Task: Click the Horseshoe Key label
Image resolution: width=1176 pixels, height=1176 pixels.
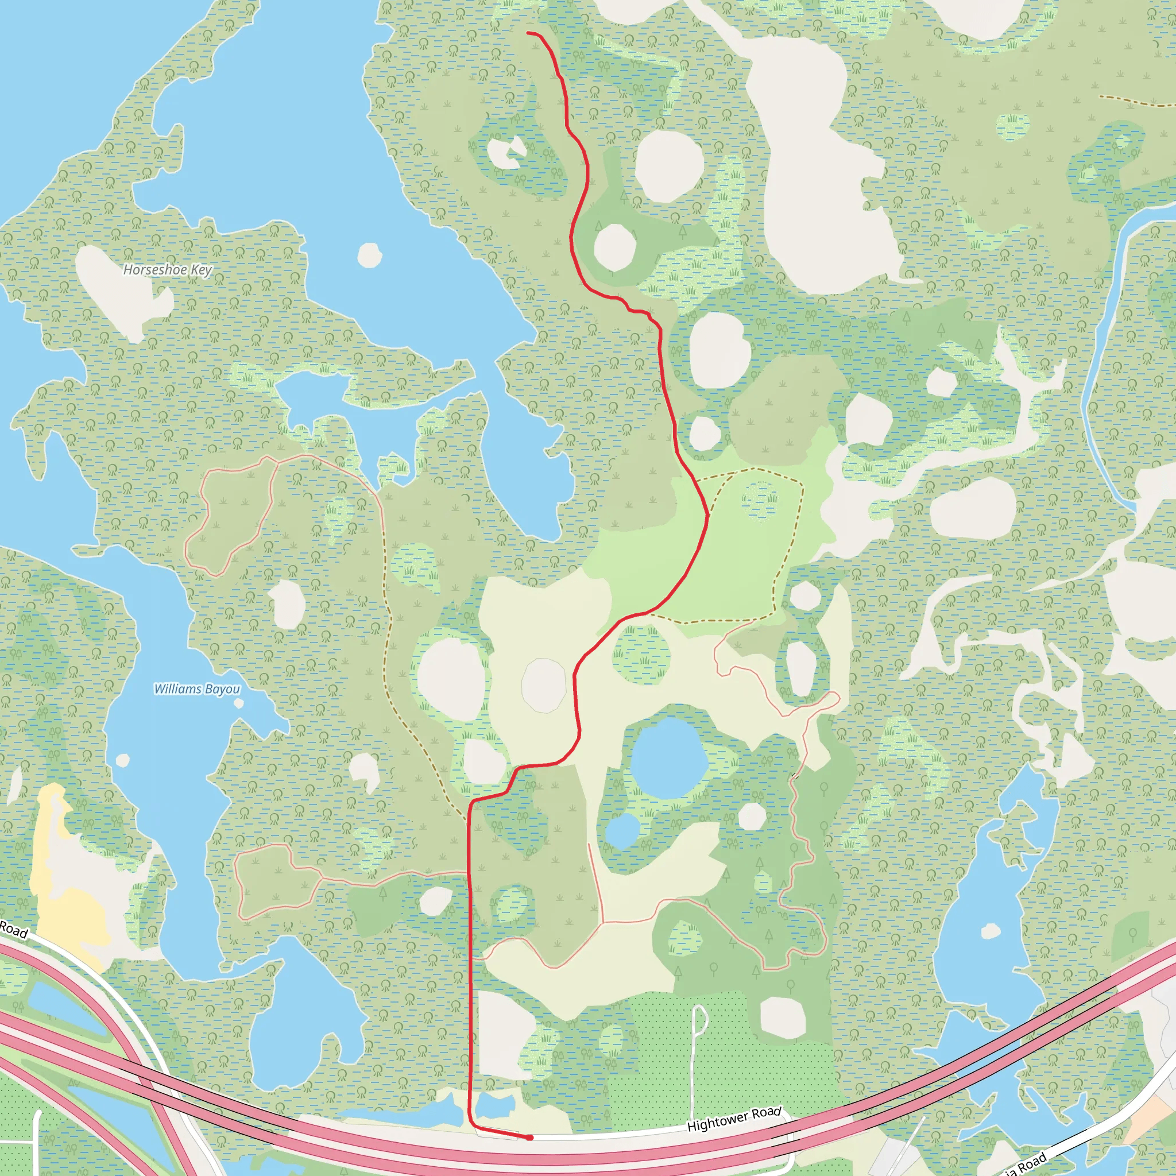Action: point(168,269)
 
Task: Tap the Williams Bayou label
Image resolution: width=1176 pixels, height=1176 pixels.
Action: point(196,689)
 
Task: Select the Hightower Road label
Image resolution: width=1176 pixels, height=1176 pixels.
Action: point(733,1119)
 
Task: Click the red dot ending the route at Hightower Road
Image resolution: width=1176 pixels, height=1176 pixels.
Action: point(530,1137)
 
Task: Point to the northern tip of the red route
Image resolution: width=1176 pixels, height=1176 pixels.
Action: point(528,33)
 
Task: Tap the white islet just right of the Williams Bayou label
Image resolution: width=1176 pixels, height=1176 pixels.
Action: point(239,703)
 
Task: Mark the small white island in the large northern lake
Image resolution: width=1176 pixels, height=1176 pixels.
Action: point(369,255)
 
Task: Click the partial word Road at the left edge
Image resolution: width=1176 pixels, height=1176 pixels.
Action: point(13,930)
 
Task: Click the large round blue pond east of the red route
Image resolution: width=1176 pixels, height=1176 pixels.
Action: point(668,757)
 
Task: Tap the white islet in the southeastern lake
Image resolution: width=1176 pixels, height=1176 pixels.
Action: point(991,931)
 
